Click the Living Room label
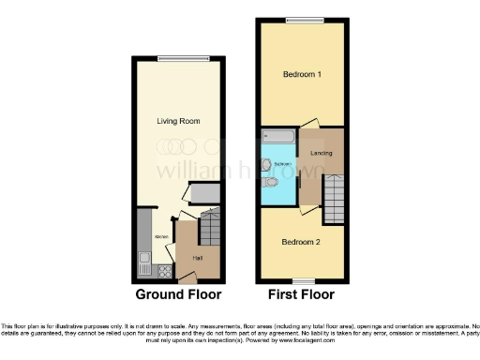(x=178, y=121)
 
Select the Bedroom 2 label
(x=302, y=241)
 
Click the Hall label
(x=198, y=258)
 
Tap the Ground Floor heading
(x=178, y=294)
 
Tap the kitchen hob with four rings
(x=164, y=272)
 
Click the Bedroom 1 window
(x=299, y=20)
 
